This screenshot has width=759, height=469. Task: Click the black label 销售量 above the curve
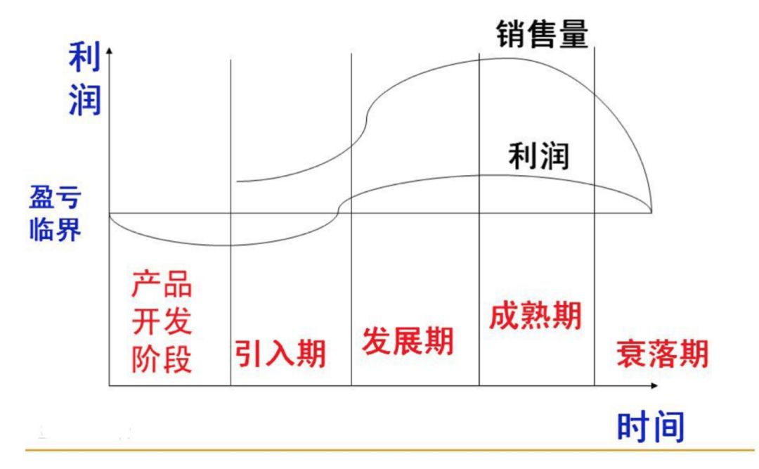click(542, 32)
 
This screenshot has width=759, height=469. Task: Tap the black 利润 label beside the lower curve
click(538, 156)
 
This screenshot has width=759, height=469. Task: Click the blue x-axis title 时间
click(650, 427)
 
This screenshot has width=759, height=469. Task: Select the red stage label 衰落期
click(662, 354)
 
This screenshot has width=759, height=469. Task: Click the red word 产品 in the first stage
click(162, 287)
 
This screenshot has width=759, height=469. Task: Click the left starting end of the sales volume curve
click(238, 181)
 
